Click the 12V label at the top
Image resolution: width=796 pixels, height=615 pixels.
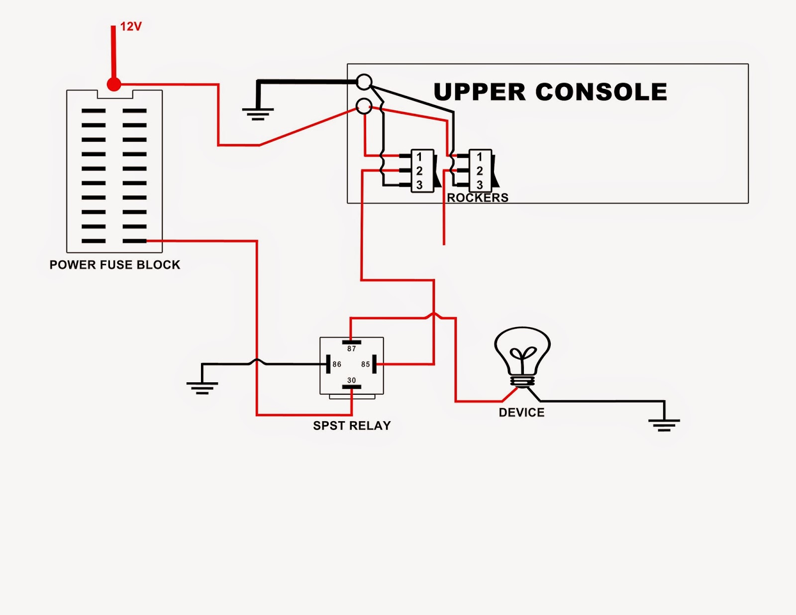point(131,27)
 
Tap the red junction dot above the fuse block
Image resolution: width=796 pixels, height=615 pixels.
point(114,85)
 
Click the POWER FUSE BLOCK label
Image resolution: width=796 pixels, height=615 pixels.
point(115,265)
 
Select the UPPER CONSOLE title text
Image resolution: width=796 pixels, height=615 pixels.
point(550,92)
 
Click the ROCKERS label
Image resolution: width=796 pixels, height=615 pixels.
point(478,198)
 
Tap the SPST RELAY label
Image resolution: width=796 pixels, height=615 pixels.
point(352,426)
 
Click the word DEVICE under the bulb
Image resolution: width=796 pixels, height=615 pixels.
point(521,413)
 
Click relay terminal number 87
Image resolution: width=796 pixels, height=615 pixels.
point(352,349)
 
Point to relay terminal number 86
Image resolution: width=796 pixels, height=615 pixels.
point(337,364)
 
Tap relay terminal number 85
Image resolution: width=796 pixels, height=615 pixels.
point(366,364)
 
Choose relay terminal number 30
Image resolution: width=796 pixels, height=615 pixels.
point(352,380)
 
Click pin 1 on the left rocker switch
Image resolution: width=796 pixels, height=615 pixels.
point(419,157)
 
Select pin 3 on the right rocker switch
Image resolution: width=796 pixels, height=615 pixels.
point(480,185)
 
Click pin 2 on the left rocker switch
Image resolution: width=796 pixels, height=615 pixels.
point(419,171)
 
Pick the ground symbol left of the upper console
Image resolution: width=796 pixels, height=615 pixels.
point(258,114)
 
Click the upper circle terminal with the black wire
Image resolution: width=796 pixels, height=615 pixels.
point(364,82)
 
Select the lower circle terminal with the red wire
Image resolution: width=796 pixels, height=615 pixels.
point(364,105)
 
